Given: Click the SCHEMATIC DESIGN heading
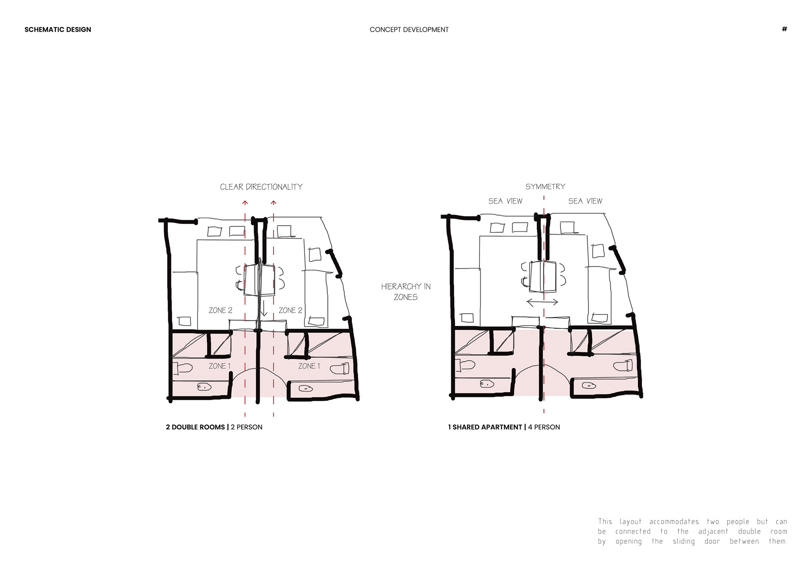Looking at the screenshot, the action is coord(58,30).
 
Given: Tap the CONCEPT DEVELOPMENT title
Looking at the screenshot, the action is coord(409,30).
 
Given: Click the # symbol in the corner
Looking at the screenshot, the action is coord(785,29).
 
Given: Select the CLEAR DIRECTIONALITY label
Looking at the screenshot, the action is coord(261,187).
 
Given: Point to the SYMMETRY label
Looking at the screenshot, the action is coord(545,186).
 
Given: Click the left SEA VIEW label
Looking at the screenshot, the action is coord(505,201).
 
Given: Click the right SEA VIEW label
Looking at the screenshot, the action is coord(585,201).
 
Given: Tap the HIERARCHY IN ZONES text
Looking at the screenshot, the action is coord(406,292).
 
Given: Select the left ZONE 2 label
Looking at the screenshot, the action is coord(220,310).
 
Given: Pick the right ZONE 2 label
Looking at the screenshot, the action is coord(291,310).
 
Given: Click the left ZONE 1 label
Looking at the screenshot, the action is coord(219,366).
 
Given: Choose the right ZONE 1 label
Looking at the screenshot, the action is coord(309,366).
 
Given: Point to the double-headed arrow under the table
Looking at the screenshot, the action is coord(542,302).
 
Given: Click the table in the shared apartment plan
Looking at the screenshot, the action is coord(543,276).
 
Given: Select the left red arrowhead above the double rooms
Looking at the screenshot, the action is coord(245,203).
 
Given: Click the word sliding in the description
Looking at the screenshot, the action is coord(683,541).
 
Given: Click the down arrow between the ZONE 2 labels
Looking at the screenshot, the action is coord(264,308).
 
